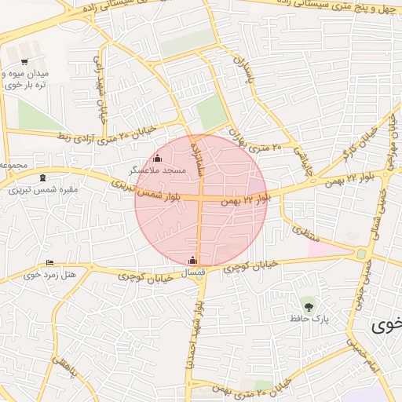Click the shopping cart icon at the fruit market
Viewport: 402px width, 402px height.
tap(24, 61)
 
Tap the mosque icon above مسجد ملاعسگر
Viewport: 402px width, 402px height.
tap(157, 158)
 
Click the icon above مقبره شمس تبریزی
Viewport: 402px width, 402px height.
tap(42, 177)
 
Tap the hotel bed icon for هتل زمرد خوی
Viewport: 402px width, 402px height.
tap(50, 262)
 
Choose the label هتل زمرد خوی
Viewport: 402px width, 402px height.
tap(50, 274)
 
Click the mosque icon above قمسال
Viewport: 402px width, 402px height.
tap(193, 261)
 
